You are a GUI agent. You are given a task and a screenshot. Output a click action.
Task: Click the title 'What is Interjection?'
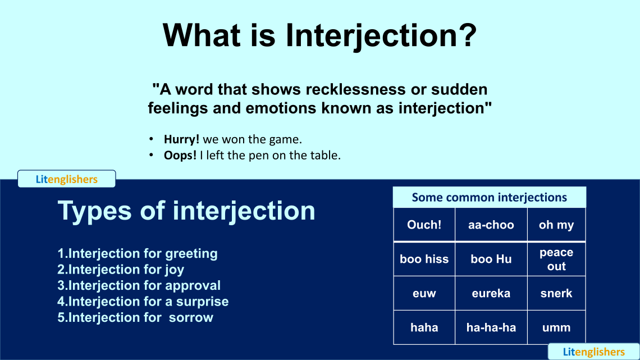[319, 35]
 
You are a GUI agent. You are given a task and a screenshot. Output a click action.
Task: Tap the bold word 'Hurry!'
[181, 139]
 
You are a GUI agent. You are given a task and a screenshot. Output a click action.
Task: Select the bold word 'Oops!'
[180, 156]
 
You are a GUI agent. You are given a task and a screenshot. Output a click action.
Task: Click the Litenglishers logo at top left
[66, 179]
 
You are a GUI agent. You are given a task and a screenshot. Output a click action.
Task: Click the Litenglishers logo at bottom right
[593, 352]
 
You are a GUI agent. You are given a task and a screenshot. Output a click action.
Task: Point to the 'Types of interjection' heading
[186, 211]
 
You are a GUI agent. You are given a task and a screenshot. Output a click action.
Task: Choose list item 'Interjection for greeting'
[138, 253]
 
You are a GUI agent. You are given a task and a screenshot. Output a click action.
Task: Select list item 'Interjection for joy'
[121, 270]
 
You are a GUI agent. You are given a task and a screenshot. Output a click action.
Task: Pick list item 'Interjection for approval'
[139, 285]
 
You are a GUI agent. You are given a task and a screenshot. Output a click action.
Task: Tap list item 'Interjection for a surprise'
[143, 302]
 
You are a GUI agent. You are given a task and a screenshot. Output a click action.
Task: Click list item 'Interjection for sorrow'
[135, 317]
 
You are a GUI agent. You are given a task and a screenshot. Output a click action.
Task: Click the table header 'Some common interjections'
[489, 197]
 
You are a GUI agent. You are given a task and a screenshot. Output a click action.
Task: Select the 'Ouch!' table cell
[424, 225]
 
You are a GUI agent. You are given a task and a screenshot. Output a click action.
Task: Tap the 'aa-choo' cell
[491, 225]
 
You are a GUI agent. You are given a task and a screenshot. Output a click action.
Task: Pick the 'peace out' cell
[556, 259]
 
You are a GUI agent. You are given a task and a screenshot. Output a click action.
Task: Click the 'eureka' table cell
[491, 293]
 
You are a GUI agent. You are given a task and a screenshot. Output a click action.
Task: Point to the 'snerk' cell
[556, 293]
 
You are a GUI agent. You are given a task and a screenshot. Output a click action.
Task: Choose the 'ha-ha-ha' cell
[491, 327]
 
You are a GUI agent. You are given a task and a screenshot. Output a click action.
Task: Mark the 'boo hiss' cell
[424, 259]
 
